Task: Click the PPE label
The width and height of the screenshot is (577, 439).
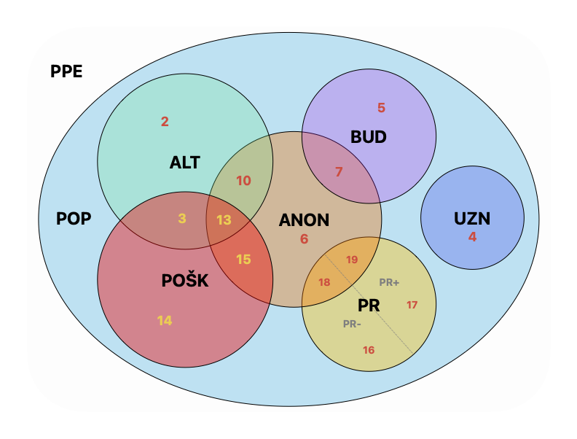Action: click(66, 71)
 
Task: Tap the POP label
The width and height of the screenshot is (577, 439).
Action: click(74, 219)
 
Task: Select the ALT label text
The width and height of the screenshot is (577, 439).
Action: click(185, 162)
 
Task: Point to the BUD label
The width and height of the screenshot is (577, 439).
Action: click(369, 137)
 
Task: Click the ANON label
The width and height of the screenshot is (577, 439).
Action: click(304, 219)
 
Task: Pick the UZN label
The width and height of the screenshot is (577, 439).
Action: click(472, 218)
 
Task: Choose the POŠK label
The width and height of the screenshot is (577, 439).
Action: click(185, 281)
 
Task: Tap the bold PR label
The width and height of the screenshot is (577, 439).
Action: click(369, 304)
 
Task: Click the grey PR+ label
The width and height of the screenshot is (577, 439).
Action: click(389, 282)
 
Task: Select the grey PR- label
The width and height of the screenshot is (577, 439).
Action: click(352, 324)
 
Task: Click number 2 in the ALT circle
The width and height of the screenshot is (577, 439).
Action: click(165, 122)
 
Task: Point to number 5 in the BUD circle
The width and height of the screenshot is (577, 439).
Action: click(381, 108)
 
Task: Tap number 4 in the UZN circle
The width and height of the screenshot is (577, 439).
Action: click(472, 236)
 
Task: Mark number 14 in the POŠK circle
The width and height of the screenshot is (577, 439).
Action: click(165, 320)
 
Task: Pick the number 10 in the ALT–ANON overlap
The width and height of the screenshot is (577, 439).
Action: click(243, 181)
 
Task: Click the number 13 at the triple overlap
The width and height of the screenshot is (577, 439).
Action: click(224, 219)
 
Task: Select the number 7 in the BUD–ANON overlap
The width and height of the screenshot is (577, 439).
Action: click(339, 172)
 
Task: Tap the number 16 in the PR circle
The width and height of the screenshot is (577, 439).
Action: click(369, 350)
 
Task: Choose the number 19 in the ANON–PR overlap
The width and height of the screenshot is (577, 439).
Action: click(352, 260)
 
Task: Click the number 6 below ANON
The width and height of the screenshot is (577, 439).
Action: click(304, 238)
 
